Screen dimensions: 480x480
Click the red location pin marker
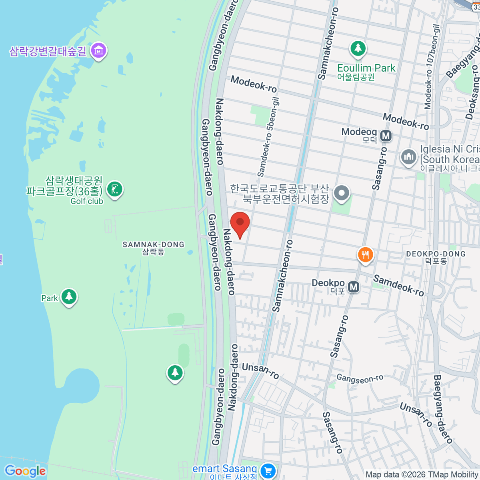240,223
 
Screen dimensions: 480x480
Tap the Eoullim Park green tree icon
358,49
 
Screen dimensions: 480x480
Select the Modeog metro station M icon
386,136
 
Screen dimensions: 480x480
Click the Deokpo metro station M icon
353,287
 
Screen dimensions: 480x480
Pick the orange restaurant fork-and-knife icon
365,254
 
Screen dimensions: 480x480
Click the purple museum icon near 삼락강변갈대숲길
98,51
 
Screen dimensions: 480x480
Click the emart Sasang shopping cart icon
268,470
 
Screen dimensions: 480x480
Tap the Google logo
25,471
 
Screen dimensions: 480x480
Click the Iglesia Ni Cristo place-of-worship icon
408,157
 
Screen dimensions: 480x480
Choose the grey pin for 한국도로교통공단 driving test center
342,193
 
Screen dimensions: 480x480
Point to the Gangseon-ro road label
360,378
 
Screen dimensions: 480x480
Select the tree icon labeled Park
69,297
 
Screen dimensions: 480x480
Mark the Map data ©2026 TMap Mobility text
422,475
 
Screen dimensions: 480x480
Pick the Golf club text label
87,201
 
